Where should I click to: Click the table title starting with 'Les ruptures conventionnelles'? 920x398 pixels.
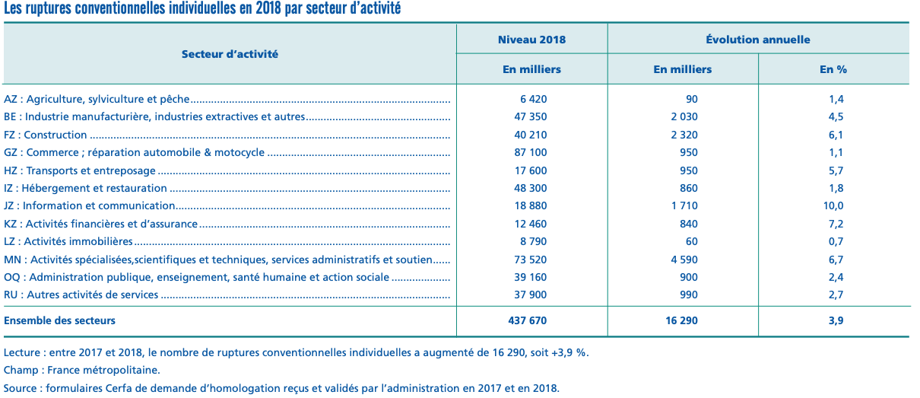point(202,9)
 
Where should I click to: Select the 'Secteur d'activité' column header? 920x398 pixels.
point(230,54)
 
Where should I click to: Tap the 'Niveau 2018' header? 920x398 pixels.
point(531,40)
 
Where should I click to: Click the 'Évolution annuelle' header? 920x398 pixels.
point(757,40)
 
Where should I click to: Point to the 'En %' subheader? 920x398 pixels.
point(833,69)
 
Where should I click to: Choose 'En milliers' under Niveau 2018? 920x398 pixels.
point(531,69)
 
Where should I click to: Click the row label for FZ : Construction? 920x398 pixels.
point(46,135)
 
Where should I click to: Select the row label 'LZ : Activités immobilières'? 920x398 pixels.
point(68,241)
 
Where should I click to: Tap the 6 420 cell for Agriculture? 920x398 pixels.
point(533,99)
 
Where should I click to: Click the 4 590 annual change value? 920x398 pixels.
point(682,259)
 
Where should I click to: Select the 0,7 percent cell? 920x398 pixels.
point(836,241)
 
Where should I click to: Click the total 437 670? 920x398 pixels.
point(527,320)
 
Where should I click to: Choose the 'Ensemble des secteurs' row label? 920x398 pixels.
point(60,320)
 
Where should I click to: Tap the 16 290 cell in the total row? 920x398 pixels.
point(682,320)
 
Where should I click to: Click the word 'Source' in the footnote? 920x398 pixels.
point(21,388)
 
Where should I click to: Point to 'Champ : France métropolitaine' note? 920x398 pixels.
point(82,371)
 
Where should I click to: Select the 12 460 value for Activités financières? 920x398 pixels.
point(531,224)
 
